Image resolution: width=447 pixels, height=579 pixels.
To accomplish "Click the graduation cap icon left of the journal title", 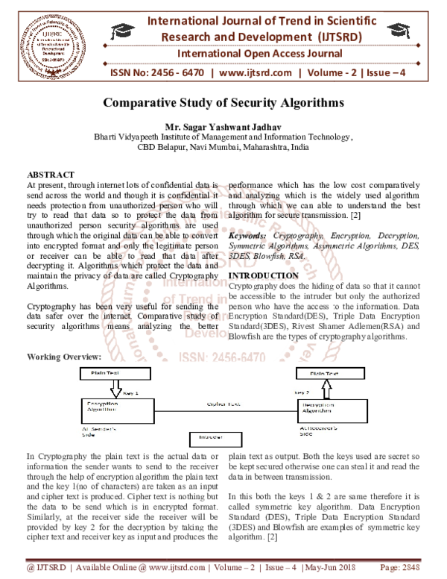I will (120, 31).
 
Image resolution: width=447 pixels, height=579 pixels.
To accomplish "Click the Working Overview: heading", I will (64, 357).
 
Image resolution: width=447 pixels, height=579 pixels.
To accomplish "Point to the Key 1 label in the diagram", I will (130, 390).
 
